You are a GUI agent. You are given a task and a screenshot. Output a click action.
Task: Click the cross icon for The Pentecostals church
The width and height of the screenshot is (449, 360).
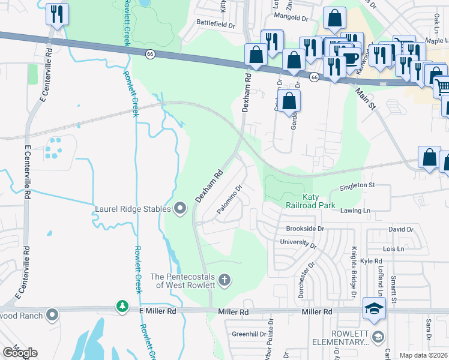224,280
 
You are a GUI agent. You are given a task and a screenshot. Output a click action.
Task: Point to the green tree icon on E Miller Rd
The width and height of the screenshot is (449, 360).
122,307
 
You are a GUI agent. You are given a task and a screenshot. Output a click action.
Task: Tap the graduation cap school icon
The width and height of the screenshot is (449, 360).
374,310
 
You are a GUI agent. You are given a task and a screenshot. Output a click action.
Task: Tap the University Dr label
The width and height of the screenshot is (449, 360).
298,242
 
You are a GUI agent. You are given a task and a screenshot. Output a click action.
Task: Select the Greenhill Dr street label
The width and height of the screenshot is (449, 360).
249,333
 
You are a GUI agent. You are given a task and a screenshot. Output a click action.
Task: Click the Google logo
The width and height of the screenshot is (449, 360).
19,352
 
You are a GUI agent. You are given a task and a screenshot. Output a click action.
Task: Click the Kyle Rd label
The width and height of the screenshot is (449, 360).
371,262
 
